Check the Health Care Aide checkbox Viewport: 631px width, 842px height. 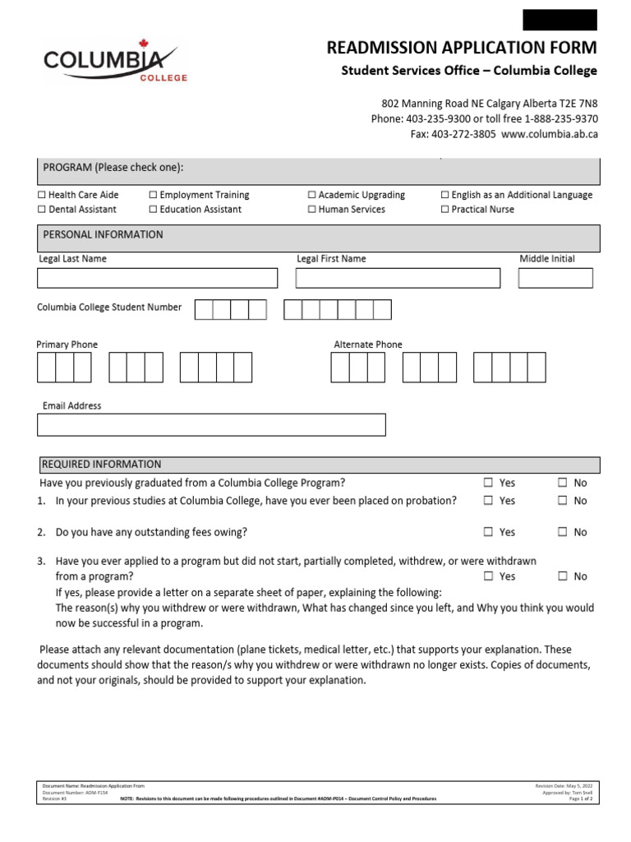43,196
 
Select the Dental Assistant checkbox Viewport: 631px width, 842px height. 43,210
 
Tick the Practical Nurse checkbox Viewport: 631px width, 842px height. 444,210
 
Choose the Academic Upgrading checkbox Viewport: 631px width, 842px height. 312,196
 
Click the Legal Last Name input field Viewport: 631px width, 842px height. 158,278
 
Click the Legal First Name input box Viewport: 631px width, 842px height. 398,278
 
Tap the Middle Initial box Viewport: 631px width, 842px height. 555,278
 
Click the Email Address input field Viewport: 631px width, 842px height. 211,424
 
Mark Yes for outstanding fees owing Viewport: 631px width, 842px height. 489,532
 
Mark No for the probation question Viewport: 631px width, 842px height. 563,500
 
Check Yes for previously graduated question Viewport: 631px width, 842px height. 489,483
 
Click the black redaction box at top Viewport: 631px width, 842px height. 560,20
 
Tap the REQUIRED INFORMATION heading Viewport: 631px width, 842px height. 102,465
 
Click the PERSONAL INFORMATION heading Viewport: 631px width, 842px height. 103,235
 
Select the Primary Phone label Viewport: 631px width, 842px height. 67,345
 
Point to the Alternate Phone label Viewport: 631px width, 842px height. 368,345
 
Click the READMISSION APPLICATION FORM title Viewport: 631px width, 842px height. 462,49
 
